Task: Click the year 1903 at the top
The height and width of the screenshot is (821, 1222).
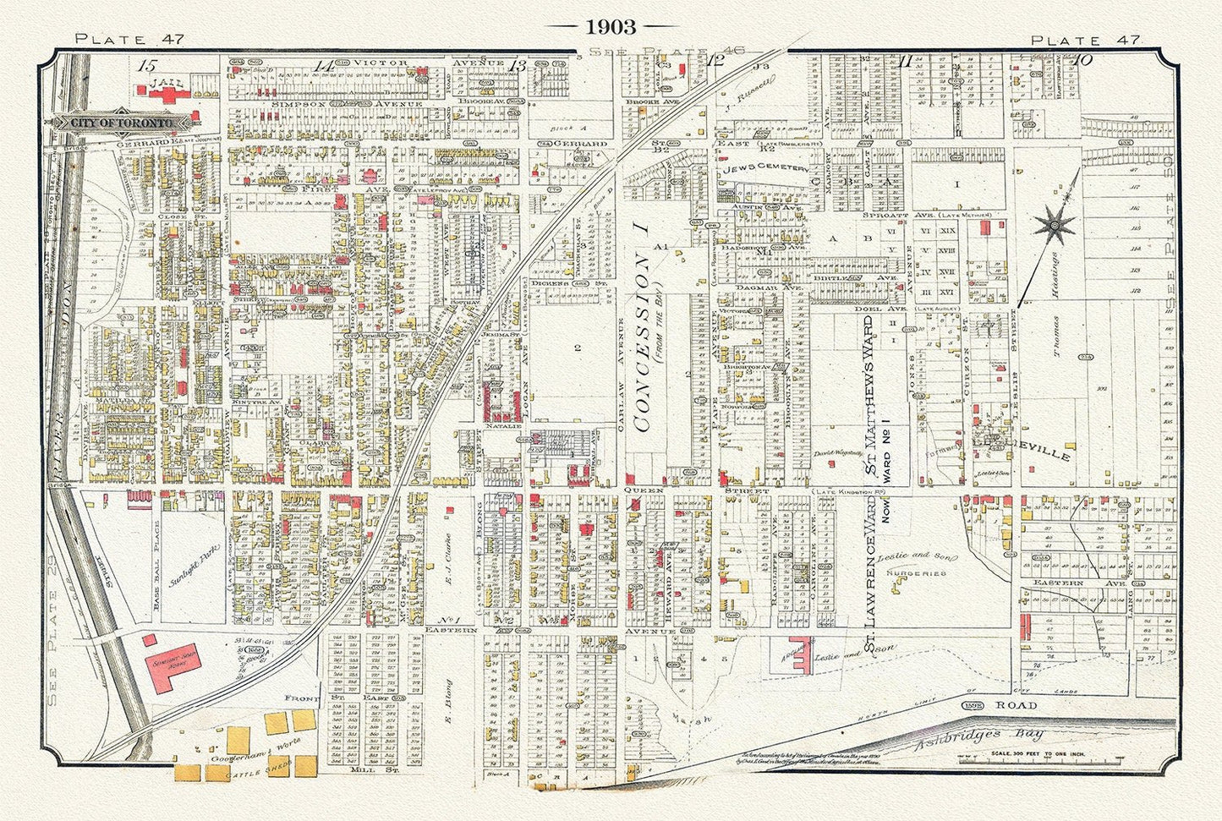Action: [611, 27]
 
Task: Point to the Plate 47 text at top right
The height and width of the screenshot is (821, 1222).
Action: [1085, 40]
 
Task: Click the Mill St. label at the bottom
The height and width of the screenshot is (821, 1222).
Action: [367, 770]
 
